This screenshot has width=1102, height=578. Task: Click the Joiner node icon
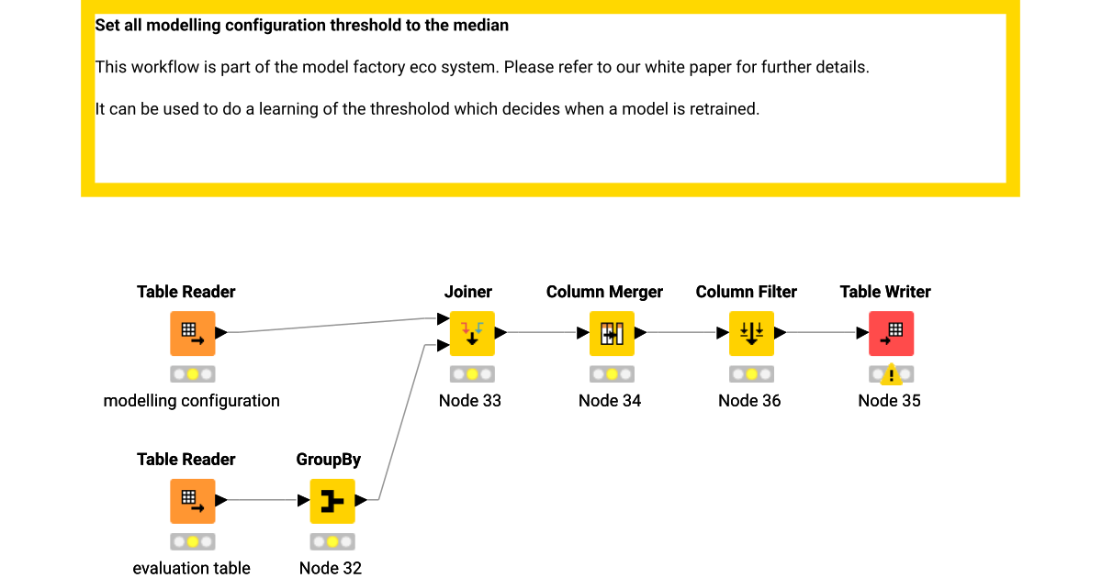pyautogui.click(x=471, y=333)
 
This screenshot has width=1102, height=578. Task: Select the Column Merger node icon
pyautogui.click(x=611, y=333)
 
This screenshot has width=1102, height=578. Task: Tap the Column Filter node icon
pyautogui.click(x=750, y=333)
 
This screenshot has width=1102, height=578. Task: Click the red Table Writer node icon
pyautogui.click(x=891, y=333)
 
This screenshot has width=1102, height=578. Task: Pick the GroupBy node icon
pyautogui.click(x=332, y=501)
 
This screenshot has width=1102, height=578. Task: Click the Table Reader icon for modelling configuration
pyautogui.click(x=192, y=333)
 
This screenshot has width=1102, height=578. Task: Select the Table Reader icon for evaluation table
pyautogui.click(x=192, y=501)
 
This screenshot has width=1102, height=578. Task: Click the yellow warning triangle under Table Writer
pyautogui.click(x=890, y=375)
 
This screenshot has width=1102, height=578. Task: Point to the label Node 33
pyautogui.click(x=470, y=401)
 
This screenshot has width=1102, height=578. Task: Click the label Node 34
pyautogui.click(x=610, y=401)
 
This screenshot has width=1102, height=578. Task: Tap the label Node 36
pyautogui.click(x=749, y=401)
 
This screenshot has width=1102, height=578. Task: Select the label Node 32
pyautogui.click(x=331, y=569)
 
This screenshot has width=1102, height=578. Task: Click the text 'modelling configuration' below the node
pyautogui.click(x=191, y=401)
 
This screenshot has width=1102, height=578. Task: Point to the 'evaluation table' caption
pyautogui.click(x=191, y=569)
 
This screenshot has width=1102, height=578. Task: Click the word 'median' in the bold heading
pyautogui.click(x=480, y=26)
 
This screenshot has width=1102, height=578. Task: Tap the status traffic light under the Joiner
pyautogui.click(x=471, y=374)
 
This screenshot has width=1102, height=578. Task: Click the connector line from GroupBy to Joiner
pyautogui.click(x=401, y=422)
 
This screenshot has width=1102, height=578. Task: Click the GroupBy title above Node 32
pyautogui.click(x=328, y=460)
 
